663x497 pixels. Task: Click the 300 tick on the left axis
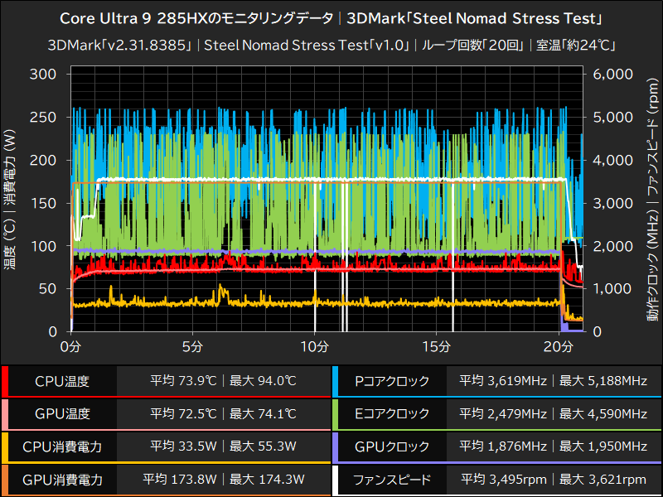click(x=41, y=74)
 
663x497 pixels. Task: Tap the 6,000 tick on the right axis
click(x=612, y=74)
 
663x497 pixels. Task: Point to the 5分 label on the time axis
click(x=193, y=345)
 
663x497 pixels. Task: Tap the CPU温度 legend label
click(x=62, y=382)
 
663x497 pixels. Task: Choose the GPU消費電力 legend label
click(x=62, y=479)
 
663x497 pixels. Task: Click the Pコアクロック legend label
click(x=391, y=382)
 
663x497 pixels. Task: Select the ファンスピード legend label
click(x=391, y=479)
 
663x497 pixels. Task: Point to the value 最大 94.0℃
click(x=263, y=382)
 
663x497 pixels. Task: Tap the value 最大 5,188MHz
click(x=603, y=382)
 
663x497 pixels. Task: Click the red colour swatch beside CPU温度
click(x=5, y=382)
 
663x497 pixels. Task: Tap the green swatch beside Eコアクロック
click(x=335, y=414)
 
